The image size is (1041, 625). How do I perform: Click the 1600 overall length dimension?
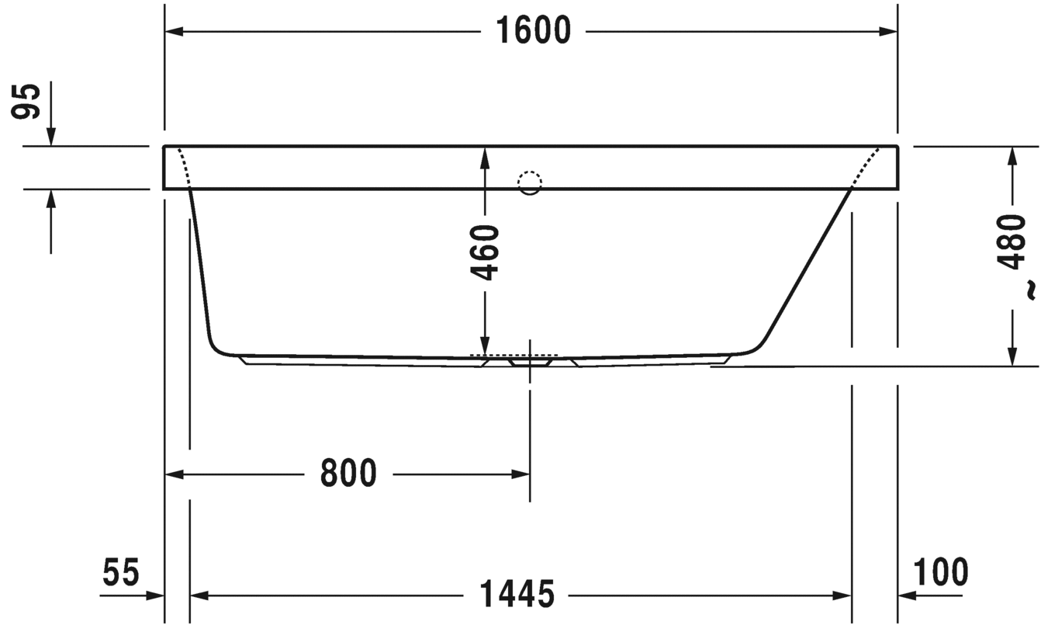pos(534,31)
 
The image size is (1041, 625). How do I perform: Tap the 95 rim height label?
pos(26,102)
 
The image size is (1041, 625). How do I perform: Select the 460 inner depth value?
pos(485,252)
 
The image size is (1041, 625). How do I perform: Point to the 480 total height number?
pos(1012,241)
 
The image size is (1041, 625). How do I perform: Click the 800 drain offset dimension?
pos(348,474)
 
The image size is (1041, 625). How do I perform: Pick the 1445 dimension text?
pos(517,594)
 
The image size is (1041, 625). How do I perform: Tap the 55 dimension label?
pos(121,572)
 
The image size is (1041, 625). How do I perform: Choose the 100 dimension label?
pos(941,572)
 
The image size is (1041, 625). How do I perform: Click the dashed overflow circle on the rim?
pos(530,182)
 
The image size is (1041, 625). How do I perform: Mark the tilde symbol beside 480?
pos(1030,290)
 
